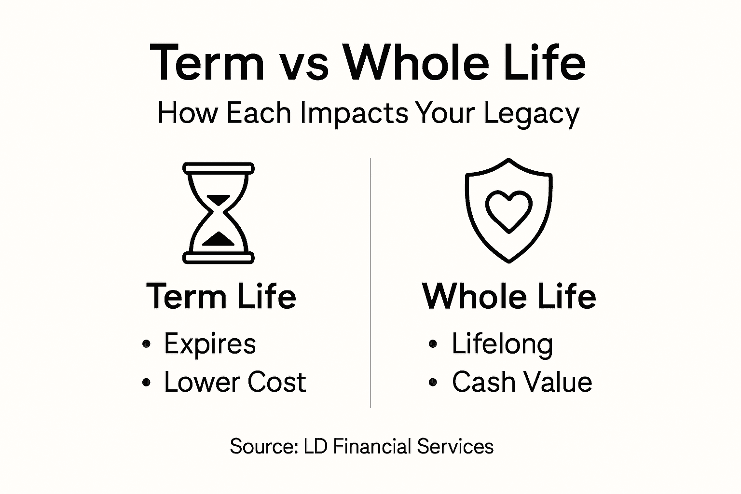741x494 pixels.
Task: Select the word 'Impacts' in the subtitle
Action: point(354,114)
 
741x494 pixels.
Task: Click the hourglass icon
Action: point(219,213)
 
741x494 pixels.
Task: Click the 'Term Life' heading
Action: point(221,296)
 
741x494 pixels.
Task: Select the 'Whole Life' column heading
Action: point(509,296)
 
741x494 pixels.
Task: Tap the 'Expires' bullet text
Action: point(210,344)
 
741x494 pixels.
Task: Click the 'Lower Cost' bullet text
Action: point(235,382)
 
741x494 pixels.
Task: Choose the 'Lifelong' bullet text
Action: point(502,344)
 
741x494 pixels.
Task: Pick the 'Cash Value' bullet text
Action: point(521,382)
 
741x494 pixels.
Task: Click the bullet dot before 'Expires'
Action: point(147,344)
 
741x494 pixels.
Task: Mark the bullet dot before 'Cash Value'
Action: point(433,383)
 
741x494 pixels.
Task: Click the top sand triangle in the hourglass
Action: point(219,199)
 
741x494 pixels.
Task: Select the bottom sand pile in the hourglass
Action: point(219,239)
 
